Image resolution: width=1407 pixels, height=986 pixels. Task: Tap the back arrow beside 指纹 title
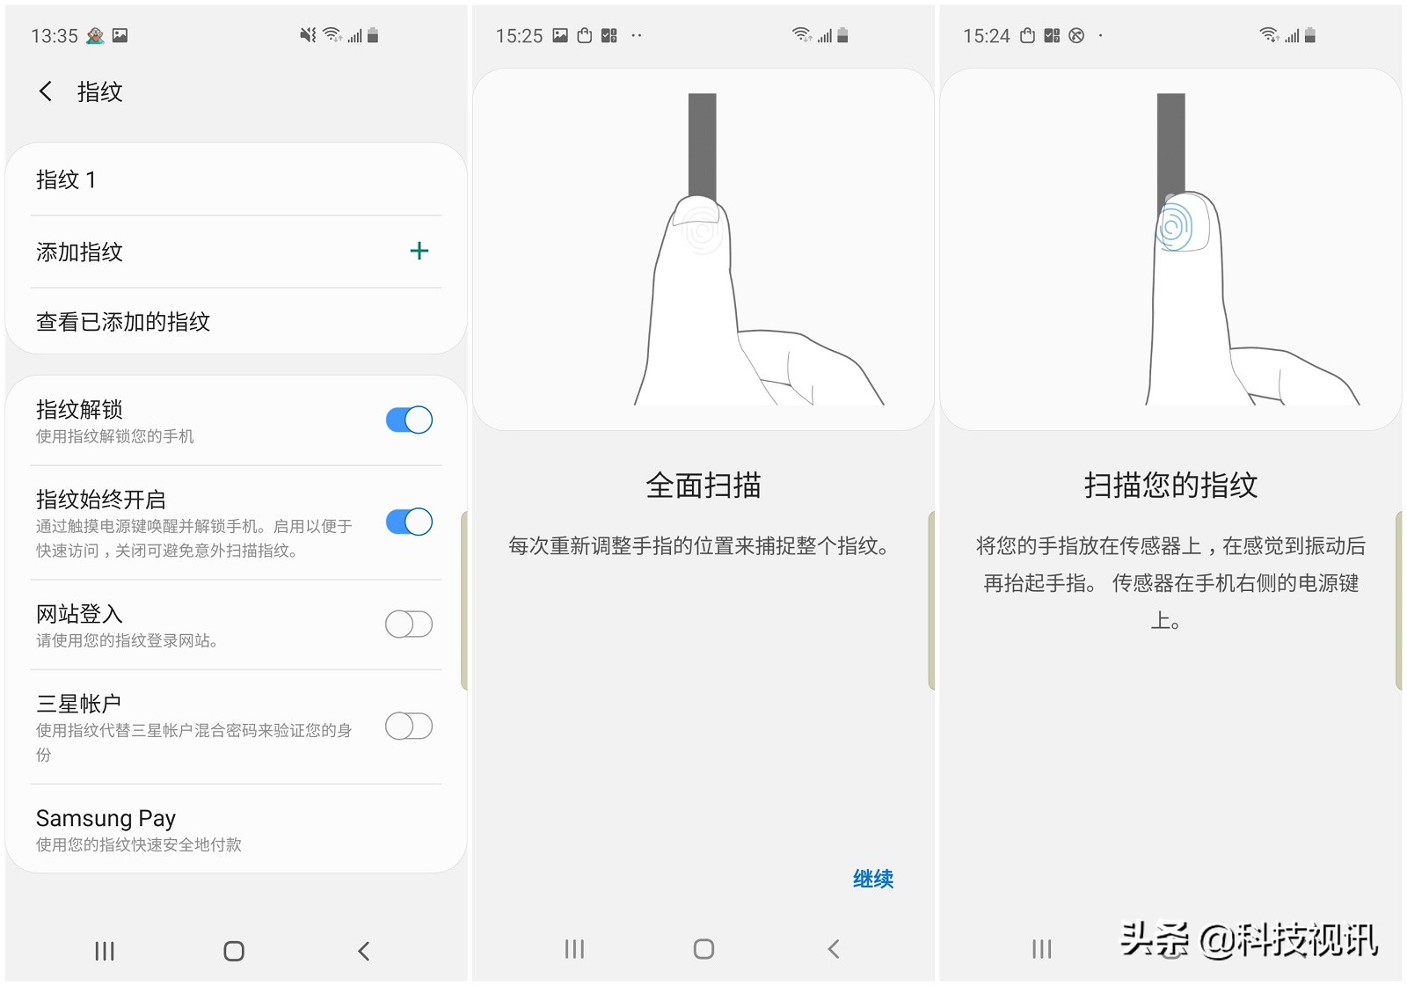point(46,91)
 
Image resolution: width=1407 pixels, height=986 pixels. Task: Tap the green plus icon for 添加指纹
point(419,252)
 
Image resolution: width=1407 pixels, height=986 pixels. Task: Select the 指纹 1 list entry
point(66,180)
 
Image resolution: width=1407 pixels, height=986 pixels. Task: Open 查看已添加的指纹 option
point(123,322)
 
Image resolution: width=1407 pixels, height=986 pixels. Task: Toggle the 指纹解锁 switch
point(409,420)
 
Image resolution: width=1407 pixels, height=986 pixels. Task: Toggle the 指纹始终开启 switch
point(409,522)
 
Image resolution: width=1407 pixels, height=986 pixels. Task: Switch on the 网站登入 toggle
point(409,624)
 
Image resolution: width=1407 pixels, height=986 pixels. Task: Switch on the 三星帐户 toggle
point(409,727)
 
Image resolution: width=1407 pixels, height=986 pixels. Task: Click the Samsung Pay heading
point(106,819)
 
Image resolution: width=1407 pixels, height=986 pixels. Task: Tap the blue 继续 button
point(872,879)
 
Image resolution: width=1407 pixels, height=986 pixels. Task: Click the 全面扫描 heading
point(703,486)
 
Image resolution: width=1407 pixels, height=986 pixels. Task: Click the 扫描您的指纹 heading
point(1170,486)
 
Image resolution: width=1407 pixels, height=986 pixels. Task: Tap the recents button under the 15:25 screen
point(574,949)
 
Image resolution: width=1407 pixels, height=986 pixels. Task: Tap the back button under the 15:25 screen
point(834,949)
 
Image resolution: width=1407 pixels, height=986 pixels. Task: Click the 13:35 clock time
point(55,36)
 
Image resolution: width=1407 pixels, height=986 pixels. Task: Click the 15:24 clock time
point(986,36)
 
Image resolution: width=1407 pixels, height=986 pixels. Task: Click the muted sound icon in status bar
point(307,35)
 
